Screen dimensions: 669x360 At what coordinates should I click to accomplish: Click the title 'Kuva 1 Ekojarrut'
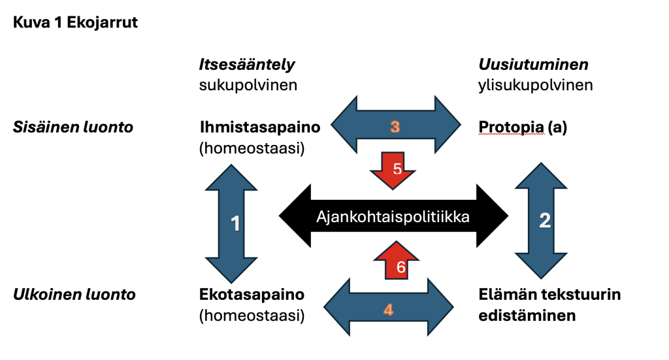[x=75, y=22]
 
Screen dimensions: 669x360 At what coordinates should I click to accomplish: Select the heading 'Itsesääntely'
[x=247, y=65]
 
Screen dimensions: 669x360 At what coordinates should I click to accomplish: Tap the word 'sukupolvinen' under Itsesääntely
[x=248, y=86]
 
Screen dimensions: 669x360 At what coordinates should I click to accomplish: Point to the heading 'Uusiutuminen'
[x=533, y=65]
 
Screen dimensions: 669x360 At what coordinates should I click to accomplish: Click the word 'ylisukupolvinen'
[x=536, y=86]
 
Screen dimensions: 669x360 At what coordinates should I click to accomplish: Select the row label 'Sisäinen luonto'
[x=73, y=127]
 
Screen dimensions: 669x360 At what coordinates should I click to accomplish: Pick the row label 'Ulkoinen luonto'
[x=74, y=294]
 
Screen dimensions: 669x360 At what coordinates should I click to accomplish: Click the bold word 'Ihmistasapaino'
[x=260, y=127]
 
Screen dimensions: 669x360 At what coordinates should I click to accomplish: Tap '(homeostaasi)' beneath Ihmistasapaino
[x=252, y=148]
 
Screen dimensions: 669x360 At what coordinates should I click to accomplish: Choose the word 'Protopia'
[x=511, y=127]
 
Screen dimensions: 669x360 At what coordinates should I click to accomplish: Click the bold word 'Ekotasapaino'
[x=252, y=294]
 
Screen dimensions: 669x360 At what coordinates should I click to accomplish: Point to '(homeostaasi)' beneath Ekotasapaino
[x=252, y=316]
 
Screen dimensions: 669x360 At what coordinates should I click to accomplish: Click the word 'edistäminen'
[x=527, y=316]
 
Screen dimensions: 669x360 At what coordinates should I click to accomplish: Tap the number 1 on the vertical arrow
[x=235, y=223]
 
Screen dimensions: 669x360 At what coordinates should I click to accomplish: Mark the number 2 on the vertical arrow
[x=545, y=220]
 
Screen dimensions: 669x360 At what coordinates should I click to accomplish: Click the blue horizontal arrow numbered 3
[x=395, y=125]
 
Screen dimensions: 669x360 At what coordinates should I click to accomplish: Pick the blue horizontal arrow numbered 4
[x=388, y=307]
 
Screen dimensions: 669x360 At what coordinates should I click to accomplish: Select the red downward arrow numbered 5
[x=393, y=171]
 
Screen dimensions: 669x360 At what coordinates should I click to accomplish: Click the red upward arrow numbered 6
[x=397, y=260]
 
